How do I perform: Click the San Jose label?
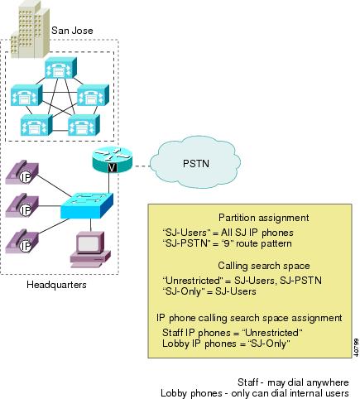[72, 31]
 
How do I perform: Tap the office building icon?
[30, 29]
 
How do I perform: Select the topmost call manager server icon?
[60, 68]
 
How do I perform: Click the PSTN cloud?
[195, 165]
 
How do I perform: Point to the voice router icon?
[113, 160]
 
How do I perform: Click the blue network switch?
[87, 205]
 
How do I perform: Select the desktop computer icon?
[90, 249]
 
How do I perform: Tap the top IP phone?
[22, 173]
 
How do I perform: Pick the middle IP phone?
[22, 206]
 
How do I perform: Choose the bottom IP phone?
[22, 241]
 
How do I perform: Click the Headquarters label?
[56, 285]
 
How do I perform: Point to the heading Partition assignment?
[264, 218]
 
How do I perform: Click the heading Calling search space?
[264, 266]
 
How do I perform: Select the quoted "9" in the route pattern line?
[228, 243]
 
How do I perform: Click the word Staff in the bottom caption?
[248, 382]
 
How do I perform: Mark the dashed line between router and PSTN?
[141, 166]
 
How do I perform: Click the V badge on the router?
[113, 167]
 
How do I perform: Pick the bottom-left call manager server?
[36, 125]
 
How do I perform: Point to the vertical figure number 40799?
[356, 348]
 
